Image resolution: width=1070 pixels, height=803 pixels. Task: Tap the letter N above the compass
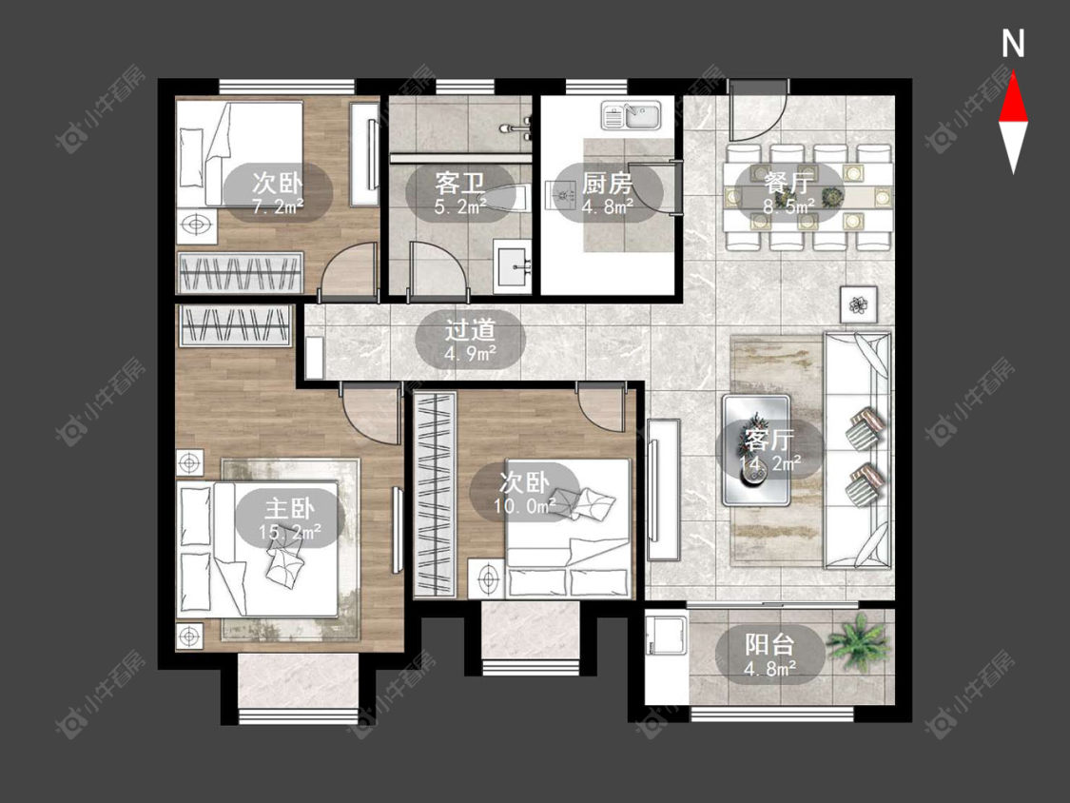point(1013,45)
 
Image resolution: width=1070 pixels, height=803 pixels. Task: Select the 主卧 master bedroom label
point(290,509)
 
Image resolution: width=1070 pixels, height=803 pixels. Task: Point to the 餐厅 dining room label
point(788,183)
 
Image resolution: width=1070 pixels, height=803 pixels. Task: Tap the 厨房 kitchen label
point(607,183)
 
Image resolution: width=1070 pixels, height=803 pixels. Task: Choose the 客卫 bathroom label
point(460,183)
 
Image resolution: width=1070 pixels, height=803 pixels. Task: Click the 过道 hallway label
point(470,330)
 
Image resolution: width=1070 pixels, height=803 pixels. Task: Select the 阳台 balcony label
point(769,644)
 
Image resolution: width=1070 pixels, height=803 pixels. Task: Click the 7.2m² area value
point(278,206)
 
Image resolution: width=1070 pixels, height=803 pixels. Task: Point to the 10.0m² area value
point(525,506)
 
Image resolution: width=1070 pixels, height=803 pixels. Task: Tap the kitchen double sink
point(632,115)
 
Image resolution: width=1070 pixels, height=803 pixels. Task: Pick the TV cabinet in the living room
point(663,490)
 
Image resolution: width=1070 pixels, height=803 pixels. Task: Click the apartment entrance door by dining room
point(757,109)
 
